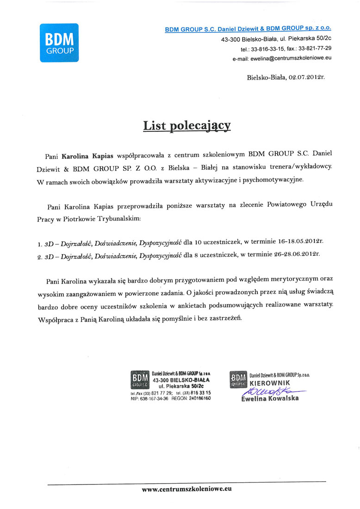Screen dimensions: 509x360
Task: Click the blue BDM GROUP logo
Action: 59,43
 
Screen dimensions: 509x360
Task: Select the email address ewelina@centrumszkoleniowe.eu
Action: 291,58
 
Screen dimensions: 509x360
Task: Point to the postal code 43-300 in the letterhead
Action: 231,39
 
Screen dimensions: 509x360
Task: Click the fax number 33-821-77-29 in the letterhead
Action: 315,49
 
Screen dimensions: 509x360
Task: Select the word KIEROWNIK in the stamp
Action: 270,383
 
